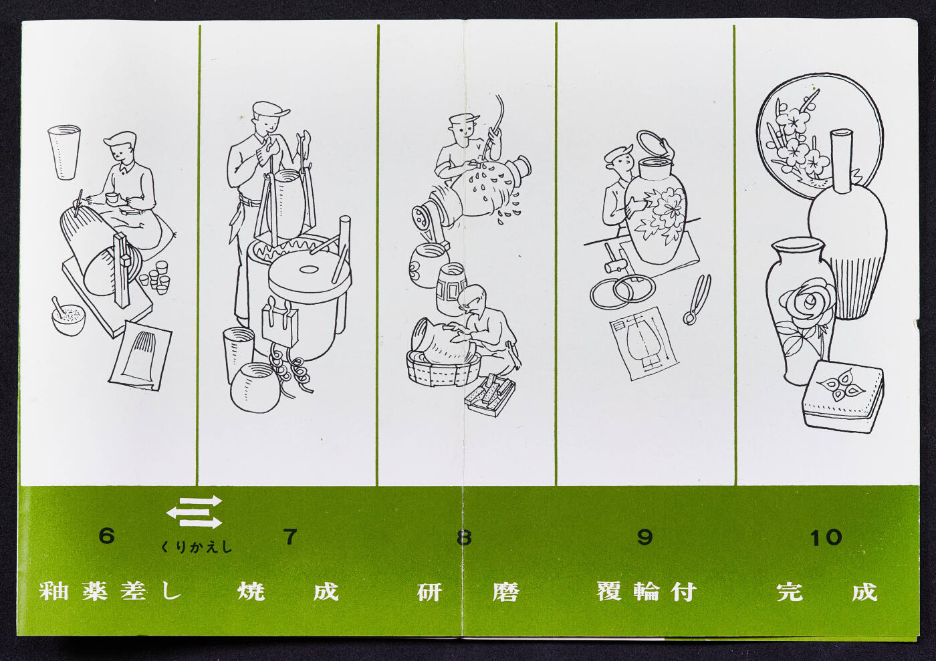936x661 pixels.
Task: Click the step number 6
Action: [106, 535]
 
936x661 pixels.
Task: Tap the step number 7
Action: [290, 537]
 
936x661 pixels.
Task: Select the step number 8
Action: [464, 537]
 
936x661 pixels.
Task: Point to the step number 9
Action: [645, 537]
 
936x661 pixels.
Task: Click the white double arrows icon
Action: [195, 512]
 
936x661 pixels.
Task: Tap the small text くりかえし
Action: [196, 547]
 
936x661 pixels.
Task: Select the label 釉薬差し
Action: [110, 591]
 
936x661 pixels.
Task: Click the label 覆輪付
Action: [646, 592]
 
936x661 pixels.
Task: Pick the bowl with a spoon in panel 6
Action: [68, 317]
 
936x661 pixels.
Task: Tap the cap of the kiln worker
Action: [271, 110]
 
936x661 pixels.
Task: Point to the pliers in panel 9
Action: [697, 299]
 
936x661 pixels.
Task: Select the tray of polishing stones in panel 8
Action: [490, 395]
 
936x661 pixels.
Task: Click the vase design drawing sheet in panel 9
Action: [644, 344]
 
